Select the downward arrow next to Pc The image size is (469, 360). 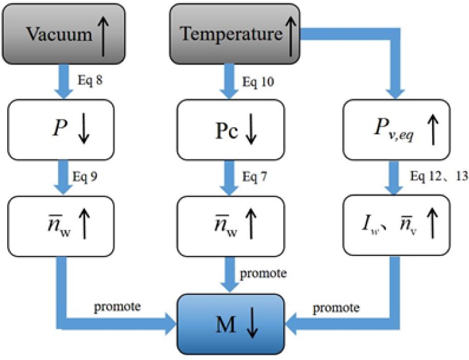[251, 130]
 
